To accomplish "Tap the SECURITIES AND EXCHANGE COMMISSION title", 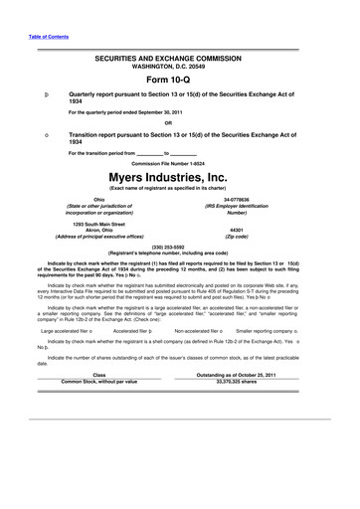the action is click(180, 60).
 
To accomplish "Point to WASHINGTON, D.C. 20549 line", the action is click(180, 68).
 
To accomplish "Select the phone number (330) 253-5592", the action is click(180, 245).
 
